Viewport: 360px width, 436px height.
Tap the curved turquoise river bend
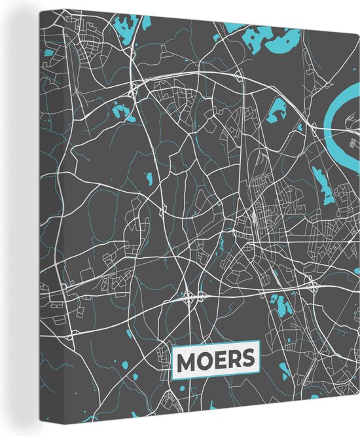[340, 111]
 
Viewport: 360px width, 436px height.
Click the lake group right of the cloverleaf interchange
[281, 304]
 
